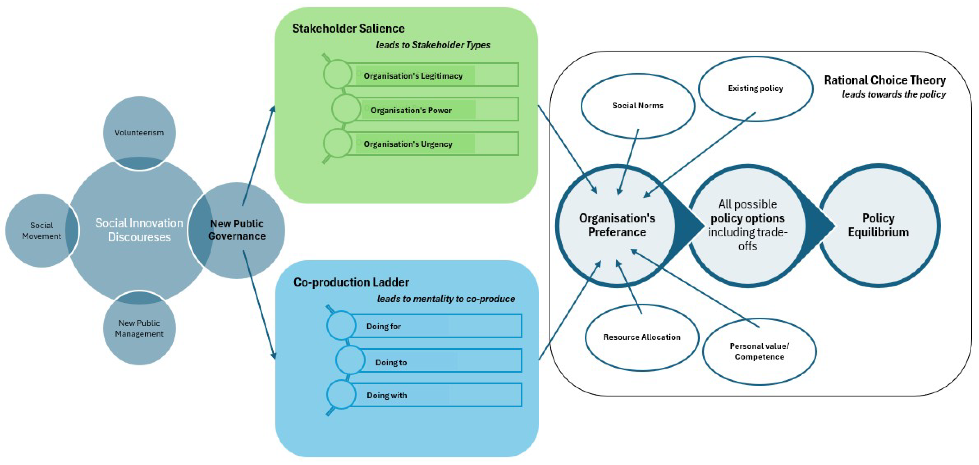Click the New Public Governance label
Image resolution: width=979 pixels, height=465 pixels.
click(237, 230)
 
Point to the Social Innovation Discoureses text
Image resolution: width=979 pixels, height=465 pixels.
click(139, 230)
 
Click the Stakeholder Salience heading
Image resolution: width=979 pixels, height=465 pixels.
click(348, 29)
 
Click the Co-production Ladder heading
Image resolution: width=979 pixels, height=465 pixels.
click(351, 282)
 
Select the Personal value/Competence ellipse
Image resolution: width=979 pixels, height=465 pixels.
click(759, 351)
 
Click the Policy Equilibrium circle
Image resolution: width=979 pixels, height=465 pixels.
click(878, 225)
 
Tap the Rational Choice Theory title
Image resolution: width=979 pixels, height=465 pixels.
click(885, 80)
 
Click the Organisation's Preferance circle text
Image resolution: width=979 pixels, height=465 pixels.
click(617, 225)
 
